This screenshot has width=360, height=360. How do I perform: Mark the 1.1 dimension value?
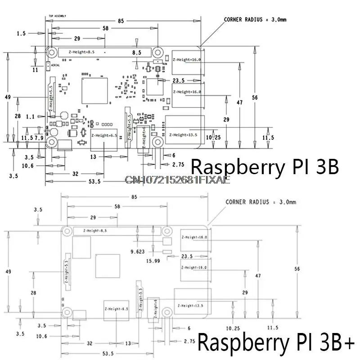(x=43, y=116)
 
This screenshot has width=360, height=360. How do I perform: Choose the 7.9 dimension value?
(x=39, y=137)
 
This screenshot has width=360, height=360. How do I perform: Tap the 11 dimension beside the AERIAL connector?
(x=35, y=70)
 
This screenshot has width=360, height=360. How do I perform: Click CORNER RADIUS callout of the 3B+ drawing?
(x=261, y=202)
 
